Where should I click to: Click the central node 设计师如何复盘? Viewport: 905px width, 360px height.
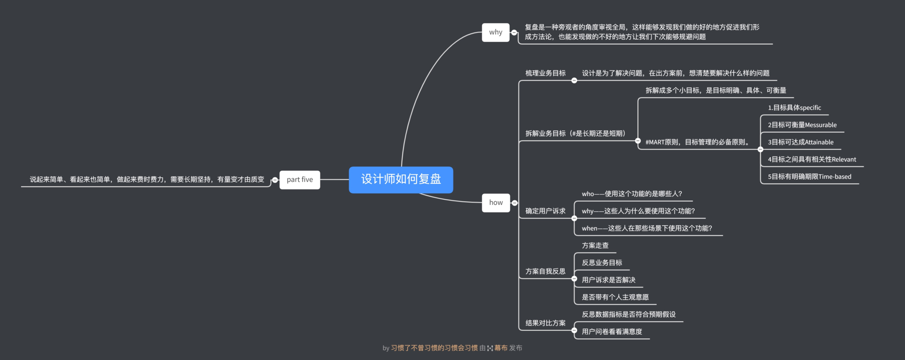coord(401,180)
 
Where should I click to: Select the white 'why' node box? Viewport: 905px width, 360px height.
coord(495,33)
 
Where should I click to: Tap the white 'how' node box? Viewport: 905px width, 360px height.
coord(496,203)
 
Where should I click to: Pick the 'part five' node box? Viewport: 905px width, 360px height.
coord(300,180)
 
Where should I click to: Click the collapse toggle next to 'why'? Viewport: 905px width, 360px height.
coord(514,33)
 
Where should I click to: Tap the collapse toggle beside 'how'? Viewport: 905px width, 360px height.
coord(515,203)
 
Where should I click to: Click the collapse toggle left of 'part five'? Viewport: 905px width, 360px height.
coord(275,180)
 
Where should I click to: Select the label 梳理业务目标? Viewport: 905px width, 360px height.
coord(545,73)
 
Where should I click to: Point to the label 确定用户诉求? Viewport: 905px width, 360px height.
coord(545,211)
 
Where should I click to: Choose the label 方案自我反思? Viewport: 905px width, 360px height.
coord(545,271)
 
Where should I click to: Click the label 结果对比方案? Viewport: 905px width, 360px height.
coord(545,323)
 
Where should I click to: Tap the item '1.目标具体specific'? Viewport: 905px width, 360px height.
coord(794,108)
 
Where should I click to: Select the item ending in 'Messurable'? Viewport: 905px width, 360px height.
coord(802,125)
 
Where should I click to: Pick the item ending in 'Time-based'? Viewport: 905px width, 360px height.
coord(809,177)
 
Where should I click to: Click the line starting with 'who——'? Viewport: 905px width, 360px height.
coord(632,194)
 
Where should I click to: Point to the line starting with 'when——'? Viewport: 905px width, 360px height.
coord(647,229)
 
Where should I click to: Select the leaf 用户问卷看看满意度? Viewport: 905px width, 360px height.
coord(612,332)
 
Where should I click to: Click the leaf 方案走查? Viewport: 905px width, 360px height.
coord(595,245)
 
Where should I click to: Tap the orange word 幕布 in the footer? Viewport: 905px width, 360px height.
coord(501,348)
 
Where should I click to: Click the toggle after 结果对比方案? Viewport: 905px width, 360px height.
coord(574,330)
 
